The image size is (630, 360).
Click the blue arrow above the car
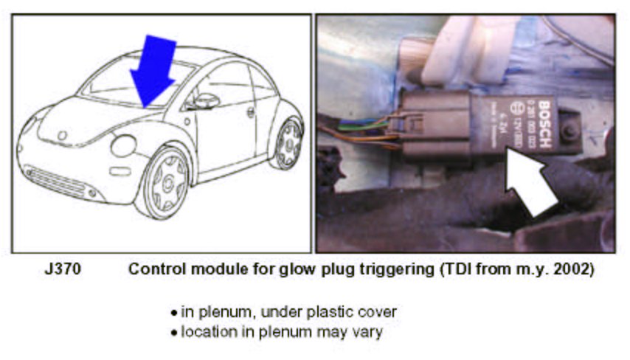[152, 70]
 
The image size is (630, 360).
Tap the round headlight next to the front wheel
[122, 145]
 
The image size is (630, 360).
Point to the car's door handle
[251, 113]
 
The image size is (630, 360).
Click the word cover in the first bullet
[380, 313]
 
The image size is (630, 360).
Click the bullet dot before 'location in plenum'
[173, 333]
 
